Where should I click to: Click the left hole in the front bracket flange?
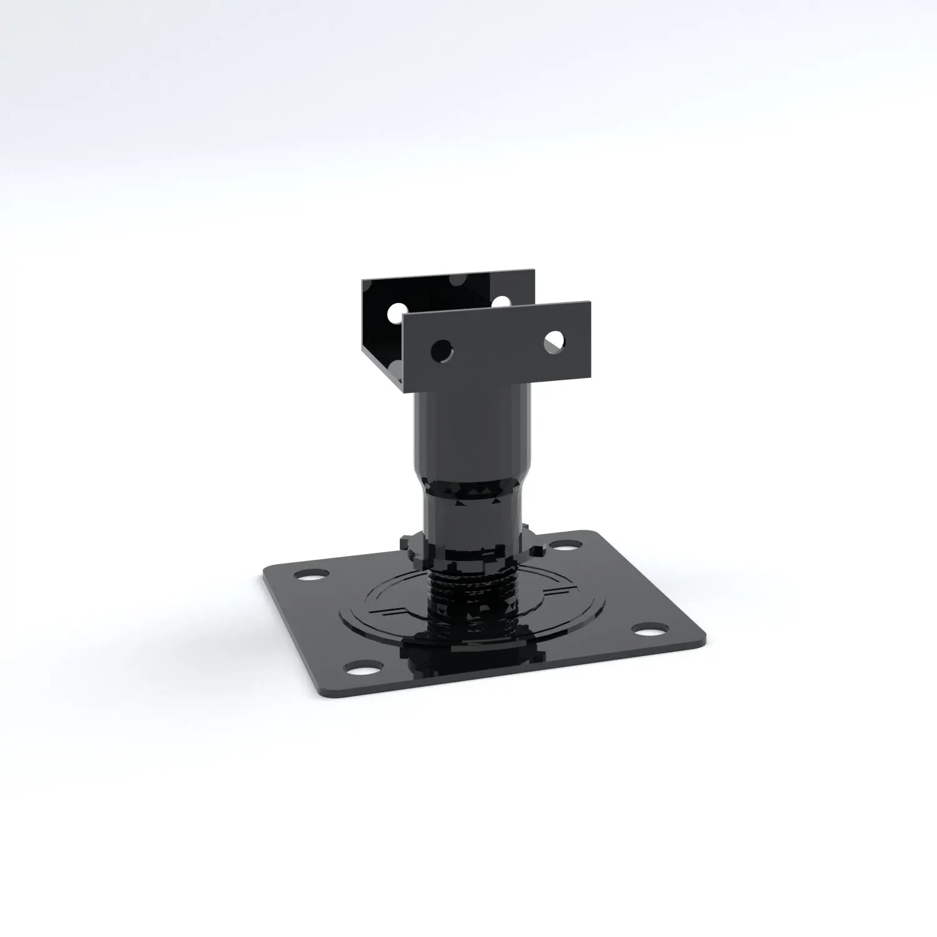[442, 350]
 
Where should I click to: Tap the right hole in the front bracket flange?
[553, 340]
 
